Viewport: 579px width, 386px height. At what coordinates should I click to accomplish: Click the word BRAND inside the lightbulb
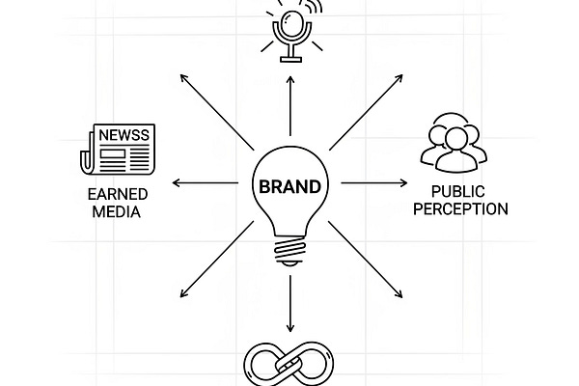(x=289, y=183)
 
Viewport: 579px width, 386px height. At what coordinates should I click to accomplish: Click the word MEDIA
(x=109, y=212)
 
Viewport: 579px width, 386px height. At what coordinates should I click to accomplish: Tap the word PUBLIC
(x=455, y=191)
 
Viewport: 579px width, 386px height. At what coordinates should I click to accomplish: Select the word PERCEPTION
(x=455, y=208)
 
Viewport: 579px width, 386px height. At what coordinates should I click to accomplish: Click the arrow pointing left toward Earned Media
(x=203, y=182)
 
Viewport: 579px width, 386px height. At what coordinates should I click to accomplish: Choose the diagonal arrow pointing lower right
(x=367, y=258)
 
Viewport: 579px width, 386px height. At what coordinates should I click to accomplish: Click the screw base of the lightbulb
(x=289, y=253)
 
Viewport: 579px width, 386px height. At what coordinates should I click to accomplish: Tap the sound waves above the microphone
(x=313, y=10)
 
